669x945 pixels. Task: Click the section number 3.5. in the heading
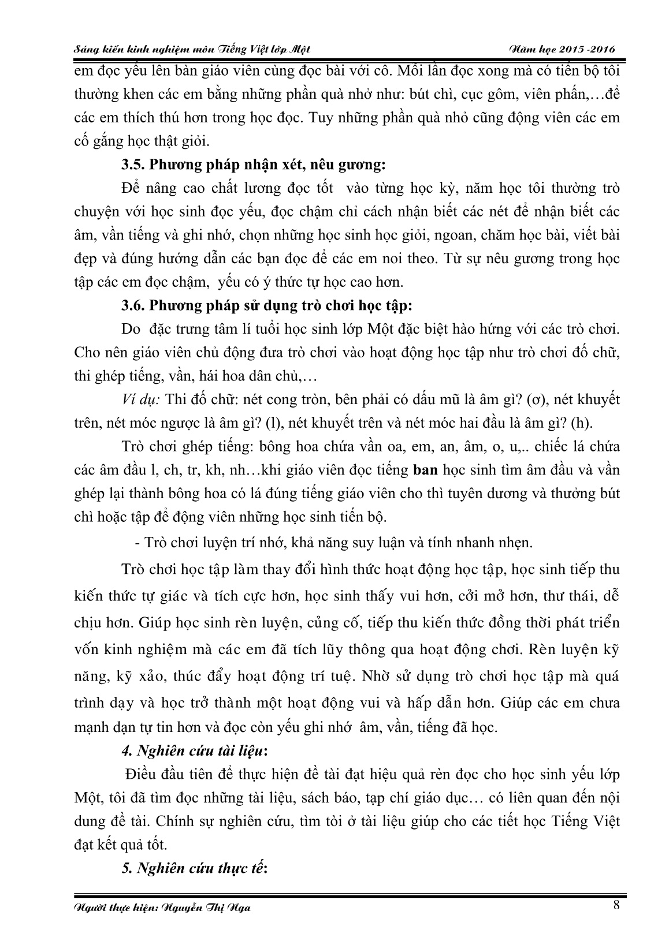pos(133,165)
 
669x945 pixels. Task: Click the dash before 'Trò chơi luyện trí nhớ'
pos(136,543)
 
